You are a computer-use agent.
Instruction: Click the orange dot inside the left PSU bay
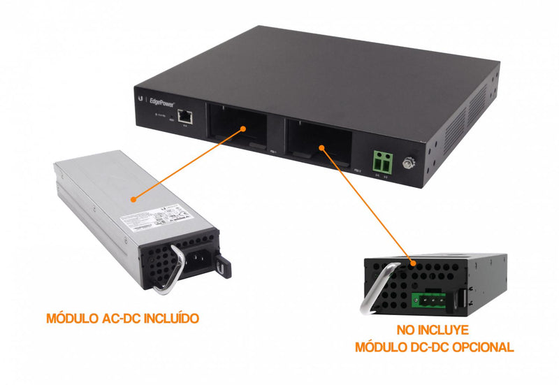[x=241, y=129]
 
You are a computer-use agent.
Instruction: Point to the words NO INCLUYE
[x=435, y=330]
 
